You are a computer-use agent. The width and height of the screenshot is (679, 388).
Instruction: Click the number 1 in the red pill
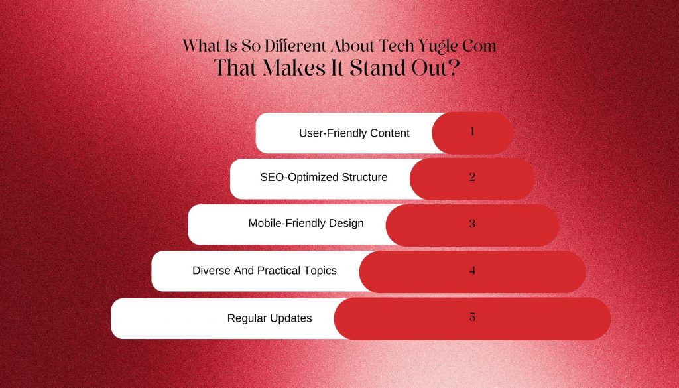coord(472,131)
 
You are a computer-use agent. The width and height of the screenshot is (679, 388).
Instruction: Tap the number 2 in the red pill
coord(472,176)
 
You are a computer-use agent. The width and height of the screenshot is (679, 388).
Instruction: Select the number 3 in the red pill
coord(472,224)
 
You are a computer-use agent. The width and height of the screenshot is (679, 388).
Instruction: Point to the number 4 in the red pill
coord(472,270)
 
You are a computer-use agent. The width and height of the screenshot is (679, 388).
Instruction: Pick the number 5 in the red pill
coord(472,317)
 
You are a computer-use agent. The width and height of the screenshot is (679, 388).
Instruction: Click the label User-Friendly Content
coord(354,133)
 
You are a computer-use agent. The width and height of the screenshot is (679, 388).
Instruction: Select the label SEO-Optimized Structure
coord(324,177)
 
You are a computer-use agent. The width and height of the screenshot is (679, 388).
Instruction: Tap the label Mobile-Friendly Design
coord(306,223)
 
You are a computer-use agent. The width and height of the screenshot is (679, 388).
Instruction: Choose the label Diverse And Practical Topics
coord(265,271)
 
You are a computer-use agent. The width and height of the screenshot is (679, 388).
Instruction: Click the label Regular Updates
coord(269,318)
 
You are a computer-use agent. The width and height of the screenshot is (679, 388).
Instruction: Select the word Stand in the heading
coord(378,68)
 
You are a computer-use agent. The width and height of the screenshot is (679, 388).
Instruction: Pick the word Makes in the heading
coord(295,68)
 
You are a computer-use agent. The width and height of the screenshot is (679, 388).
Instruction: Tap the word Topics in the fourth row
coord(319,271)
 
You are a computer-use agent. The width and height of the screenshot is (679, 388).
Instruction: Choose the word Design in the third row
coord(345,224)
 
